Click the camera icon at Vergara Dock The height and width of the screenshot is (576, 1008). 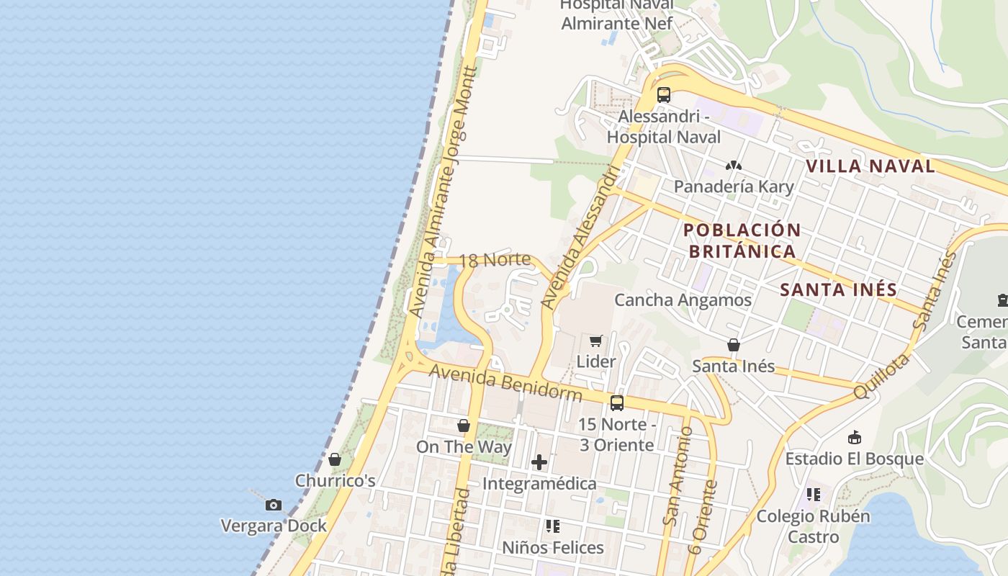273,505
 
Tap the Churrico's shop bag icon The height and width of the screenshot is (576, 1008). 335,459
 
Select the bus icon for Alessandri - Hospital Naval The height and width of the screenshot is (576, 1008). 664,94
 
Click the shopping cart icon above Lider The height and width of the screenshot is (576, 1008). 596,341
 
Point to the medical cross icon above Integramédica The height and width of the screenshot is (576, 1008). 539,462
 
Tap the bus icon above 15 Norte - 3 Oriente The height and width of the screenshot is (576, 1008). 617,403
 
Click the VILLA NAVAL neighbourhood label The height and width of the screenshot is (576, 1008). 870,166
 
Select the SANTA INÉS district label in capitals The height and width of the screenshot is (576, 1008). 839,290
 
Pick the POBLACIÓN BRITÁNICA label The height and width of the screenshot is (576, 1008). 742,240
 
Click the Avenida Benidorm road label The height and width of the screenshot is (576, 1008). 505,382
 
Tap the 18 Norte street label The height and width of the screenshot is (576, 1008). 495,259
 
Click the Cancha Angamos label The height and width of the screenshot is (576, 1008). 683,300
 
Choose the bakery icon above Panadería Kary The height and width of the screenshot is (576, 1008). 734,166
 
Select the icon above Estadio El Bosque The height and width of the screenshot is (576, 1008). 854,437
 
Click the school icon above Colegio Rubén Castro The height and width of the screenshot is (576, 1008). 814,495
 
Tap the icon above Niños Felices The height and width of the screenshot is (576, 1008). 552,526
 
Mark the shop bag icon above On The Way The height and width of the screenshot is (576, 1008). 464,426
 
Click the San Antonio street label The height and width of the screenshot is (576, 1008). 678,475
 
